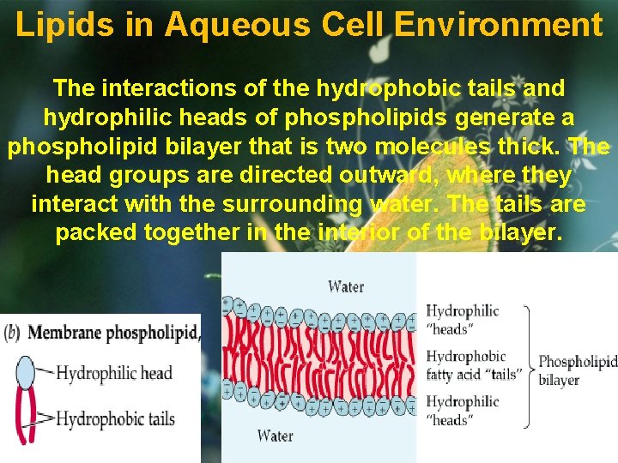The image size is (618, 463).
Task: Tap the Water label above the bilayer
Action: [346, 286]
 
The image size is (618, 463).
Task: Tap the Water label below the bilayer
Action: [275, 436]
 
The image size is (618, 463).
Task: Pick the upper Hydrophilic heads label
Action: [463, 319]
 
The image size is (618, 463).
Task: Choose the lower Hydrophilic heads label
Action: [463, 410]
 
